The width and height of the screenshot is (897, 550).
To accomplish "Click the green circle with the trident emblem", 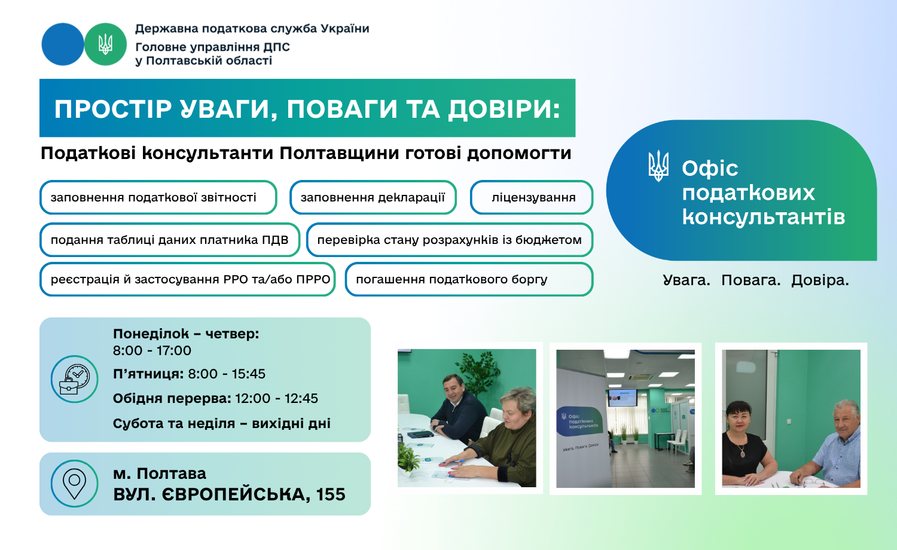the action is coord(105,44).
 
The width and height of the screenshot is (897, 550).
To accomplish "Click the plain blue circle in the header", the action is coord(63,44).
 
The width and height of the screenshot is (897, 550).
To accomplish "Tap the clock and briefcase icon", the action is coord(75,378).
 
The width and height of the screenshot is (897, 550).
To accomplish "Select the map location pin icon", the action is coord(75,484).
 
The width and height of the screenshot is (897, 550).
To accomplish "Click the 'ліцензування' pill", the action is coord(532,197).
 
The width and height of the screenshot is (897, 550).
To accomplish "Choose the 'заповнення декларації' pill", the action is coord(373,197).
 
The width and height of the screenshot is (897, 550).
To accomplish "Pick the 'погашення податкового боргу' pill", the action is coord(469,279).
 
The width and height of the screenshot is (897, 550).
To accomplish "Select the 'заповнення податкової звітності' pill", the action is coord(158,197).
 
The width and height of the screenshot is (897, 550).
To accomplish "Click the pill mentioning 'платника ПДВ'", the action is coord(170,240).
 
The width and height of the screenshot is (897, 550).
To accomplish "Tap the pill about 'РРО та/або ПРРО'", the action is coord(187,279).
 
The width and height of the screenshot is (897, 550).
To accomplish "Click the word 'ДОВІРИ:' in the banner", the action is coord(504,109).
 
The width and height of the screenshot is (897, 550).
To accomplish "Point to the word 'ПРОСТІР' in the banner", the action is coord(113,109).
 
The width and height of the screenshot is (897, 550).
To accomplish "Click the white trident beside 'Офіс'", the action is coord(658,166).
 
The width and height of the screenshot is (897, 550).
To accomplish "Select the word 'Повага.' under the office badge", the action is coord(751,280).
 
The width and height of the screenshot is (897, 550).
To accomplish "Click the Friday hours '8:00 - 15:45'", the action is coord(227,374).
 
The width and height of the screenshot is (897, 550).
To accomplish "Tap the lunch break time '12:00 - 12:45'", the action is coord(276,399).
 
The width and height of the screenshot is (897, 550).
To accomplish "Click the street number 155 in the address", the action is coord(330,495).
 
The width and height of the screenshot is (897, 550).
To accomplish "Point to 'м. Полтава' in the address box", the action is coord(160,474).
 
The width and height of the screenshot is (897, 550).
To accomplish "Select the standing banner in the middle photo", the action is coord(581,427).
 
